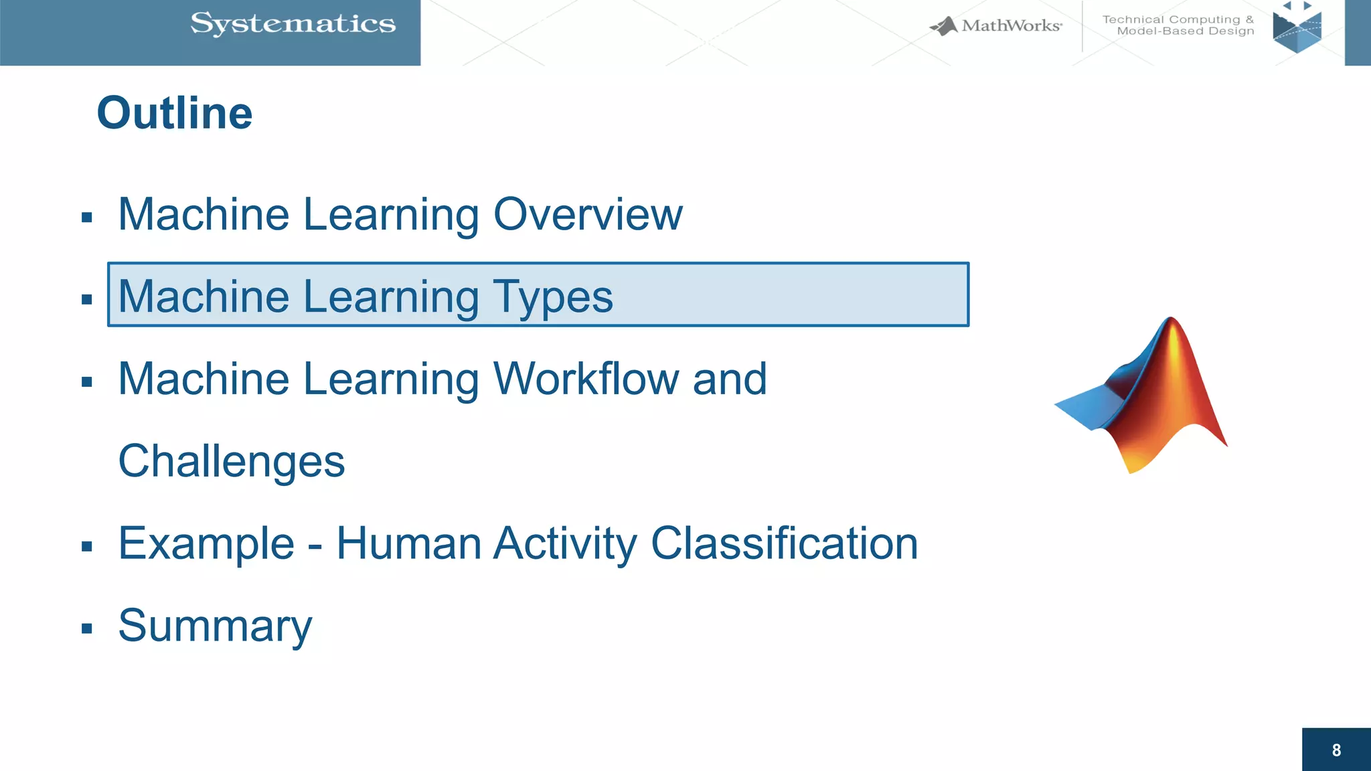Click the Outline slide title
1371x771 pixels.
(175, 113)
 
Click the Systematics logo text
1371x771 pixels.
(293, 24)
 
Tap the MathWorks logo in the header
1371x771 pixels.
(995, 26)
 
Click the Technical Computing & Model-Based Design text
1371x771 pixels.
(1178, 25)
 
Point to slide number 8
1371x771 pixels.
(1336, 750)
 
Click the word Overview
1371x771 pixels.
(588, 215)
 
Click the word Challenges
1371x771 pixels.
(231, 462)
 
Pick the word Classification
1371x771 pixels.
(784, 543)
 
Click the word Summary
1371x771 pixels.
(215, 626)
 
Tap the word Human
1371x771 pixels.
(408, 543)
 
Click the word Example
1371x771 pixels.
(206, 543)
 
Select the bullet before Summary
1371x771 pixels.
(86, 628)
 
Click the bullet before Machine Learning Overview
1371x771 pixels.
(86, 218)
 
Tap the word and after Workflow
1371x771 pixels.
(730, 379)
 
